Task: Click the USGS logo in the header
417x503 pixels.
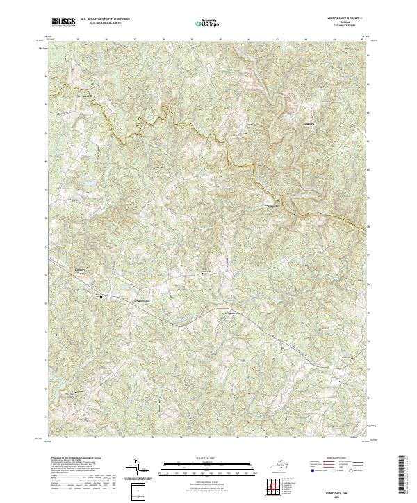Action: click(x=63, y=22)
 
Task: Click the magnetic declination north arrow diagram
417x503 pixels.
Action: click(x=139, y=469)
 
